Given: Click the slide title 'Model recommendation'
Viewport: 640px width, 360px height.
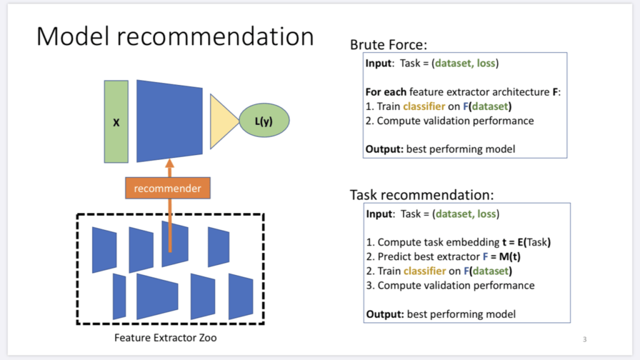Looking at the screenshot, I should coord(175,36).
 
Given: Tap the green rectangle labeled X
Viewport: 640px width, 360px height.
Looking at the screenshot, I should coord(116,122).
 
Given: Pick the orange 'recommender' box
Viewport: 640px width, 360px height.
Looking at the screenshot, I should coord(167,187).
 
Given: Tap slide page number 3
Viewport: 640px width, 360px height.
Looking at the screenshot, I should coord(584,339).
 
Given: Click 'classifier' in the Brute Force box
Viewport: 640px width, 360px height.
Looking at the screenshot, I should coord(424,106).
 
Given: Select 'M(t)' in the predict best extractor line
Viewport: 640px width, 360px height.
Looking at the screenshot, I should coord(497,257).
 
